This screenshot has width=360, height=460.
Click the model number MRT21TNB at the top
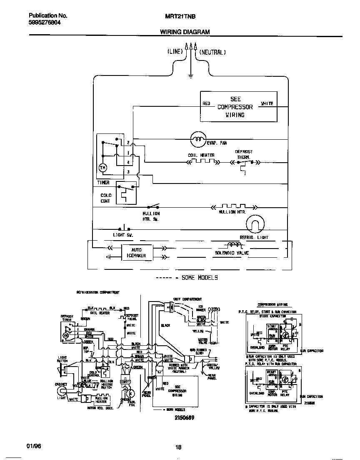pos(178,16)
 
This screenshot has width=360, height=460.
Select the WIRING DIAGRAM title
pos(185,32)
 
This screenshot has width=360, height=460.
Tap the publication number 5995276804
pos(45,23)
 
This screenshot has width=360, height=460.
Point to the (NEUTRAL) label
pos(212,52)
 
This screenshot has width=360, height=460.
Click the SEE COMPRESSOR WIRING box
pos(238,107)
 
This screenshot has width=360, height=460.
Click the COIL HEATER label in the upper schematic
pos(201,156)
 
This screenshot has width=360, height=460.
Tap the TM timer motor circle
pos(102,168)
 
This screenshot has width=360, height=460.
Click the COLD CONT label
pos(105,198)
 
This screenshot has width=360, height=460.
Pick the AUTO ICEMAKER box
pos(136,253)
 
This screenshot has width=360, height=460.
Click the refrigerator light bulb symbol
pos(255,226)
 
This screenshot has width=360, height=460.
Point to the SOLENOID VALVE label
pos(232,253)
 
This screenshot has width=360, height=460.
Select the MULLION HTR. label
pos(232,212)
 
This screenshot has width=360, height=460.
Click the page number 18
pos(178,447)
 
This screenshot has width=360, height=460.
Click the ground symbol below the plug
pos(190,76)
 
